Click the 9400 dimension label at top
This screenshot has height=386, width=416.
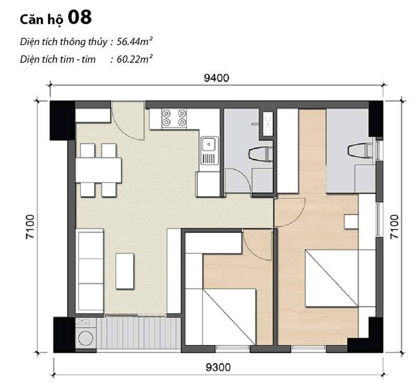coord(216,78)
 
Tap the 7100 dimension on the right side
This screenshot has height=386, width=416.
coord(396,226)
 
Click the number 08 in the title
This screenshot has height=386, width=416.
coord(79,17)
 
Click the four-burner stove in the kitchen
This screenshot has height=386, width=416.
coord(174,118)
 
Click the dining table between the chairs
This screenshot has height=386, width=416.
coord(98,170)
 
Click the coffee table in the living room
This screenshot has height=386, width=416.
coord(125,270)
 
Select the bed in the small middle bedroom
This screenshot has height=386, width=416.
coord(228,316)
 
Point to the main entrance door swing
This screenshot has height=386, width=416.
coord(127,122)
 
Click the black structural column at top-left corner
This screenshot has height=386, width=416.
coord(62,120)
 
